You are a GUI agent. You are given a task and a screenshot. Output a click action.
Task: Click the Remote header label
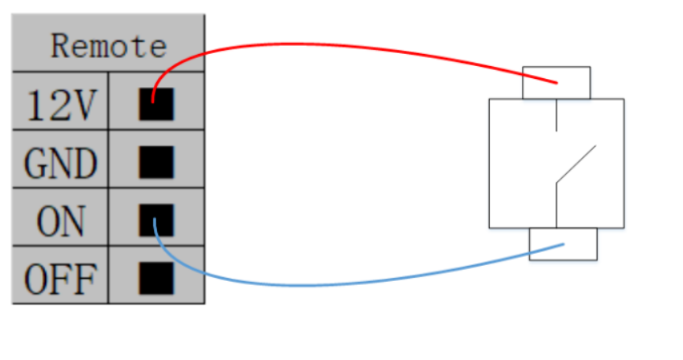coord(108,46)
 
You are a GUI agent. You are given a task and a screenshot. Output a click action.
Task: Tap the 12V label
coord(60,105)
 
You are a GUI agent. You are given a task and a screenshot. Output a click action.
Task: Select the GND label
coord(60,163)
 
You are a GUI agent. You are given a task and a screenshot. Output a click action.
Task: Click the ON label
coord(60,220)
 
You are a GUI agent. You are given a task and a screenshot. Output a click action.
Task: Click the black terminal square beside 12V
coord(156,104)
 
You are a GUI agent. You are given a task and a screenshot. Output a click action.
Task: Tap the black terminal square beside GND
coord(156,162)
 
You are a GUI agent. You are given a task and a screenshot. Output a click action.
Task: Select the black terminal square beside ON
coord(156,219)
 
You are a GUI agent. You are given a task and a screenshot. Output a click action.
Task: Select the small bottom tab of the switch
coord(563,244)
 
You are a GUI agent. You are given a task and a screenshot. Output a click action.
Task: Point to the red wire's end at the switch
coord(556,82)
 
